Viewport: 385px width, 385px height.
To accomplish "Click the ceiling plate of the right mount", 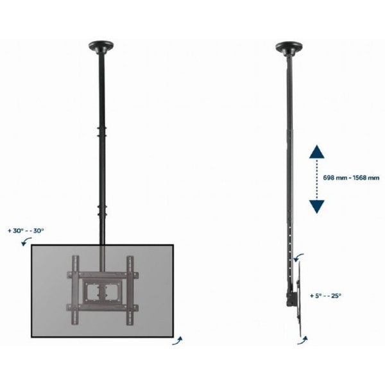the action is [x=289, y=47].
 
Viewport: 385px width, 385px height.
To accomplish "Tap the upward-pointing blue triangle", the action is [x=317, y=151].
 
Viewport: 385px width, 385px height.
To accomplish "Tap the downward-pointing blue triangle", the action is [x=317, y=207].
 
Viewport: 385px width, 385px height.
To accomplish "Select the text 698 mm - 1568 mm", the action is [x=351, y=178].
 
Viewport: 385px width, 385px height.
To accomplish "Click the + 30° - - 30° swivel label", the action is [x=26, y=231].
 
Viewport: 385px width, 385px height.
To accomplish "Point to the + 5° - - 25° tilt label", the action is [x=325, y=296].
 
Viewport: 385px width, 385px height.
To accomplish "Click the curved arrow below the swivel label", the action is [x=26, y=241].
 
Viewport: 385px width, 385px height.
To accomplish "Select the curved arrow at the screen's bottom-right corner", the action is [x=177, y=341].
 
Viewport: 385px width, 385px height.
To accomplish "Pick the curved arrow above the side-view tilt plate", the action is [x=298, y=258].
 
